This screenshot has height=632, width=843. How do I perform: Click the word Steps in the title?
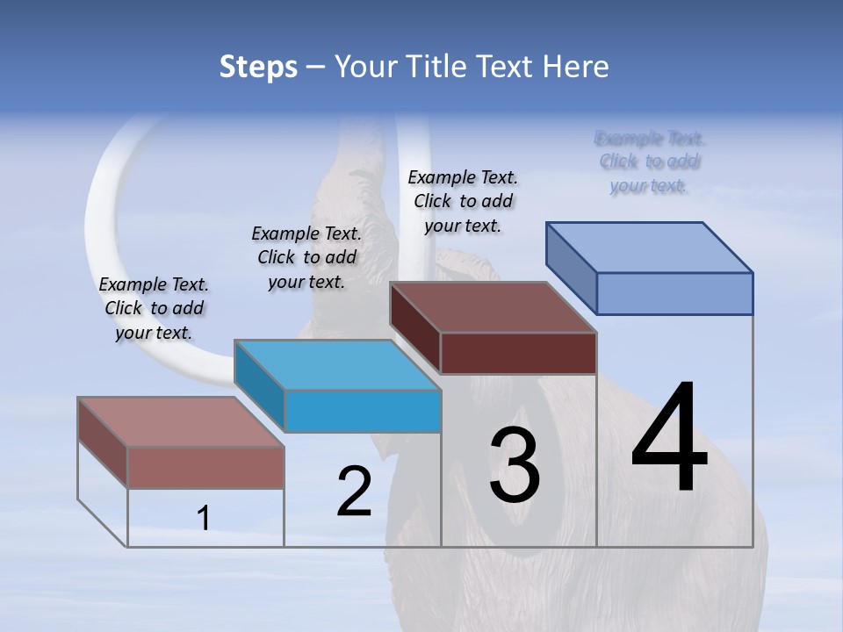tap(257, 67)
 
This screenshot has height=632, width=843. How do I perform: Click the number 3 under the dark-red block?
tap(514, 465)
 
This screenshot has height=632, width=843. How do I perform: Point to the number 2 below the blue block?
tap(354, 492)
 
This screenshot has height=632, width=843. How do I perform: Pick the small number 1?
tap(204, 519)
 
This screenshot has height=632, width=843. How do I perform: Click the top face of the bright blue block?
tap(337, 365)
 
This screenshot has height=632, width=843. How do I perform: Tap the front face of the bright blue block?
tap(363, 412)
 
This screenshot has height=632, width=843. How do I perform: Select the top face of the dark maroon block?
tap(493, 307)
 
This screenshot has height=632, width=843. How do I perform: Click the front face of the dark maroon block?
tap(518, 354)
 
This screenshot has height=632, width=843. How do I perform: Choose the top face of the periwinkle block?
tap(649, 248)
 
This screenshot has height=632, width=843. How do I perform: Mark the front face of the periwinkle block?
tap(674, 293)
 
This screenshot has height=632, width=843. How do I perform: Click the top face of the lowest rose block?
tap(181, 422)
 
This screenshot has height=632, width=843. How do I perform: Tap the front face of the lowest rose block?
tap(205, 468)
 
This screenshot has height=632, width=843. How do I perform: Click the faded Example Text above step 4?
tap(650, 162)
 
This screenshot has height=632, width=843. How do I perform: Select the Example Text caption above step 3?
tap(463, 201)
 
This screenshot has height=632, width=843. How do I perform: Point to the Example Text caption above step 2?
tap(306, 257)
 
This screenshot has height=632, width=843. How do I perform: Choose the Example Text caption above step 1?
tap(154, 308)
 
